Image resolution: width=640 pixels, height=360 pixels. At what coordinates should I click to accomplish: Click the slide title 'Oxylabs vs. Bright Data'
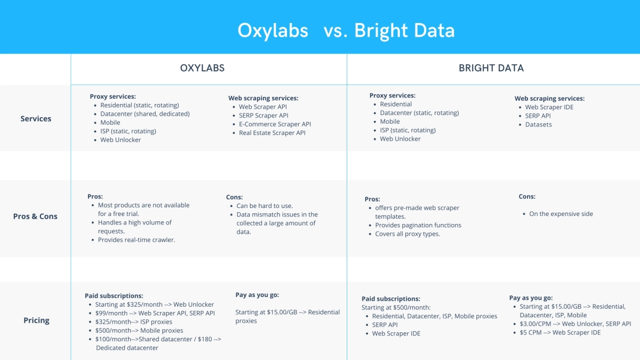(346, 30)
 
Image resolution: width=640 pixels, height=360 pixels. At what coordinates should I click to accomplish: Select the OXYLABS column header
(202, 68)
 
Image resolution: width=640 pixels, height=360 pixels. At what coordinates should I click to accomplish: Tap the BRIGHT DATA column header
(491, 68)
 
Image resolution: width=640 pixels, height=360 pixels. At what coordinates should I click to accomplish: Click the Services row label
(36, 118)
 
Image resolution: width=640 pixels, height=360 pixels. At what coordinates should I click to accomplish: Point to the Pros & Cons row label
(35, 216)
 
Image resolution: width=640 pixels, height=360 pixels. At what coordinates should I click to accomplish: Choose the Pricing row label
(36, 320)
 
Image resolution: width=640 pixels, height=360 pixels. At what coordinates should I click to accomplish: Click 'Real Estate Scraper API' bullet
(272, 133)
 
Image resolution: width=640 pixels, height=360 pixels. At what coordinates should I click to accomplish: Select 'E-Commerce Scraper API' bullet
(275, 124)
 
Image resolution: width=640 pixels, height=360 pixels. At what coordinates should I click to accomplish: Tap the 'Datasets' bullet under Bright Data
(538, 124)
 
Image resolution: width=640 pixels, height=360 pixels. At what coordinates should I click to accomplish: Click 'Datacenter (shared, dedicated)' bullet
(145, 114)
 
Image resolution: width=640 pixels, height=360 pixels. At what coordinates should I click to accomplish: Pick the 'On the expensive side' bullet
(561, 214)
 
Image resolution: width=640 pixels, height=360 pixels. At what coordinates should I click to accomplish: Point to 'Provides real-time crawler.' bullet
(137, 240)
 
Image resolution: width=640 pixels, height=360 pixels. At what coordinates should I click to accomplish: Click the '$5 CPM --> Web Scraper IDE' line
(560, 332)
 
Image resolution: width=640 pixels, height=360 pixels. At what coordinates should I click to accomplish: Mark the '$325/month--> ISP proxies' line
(134, 322)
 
